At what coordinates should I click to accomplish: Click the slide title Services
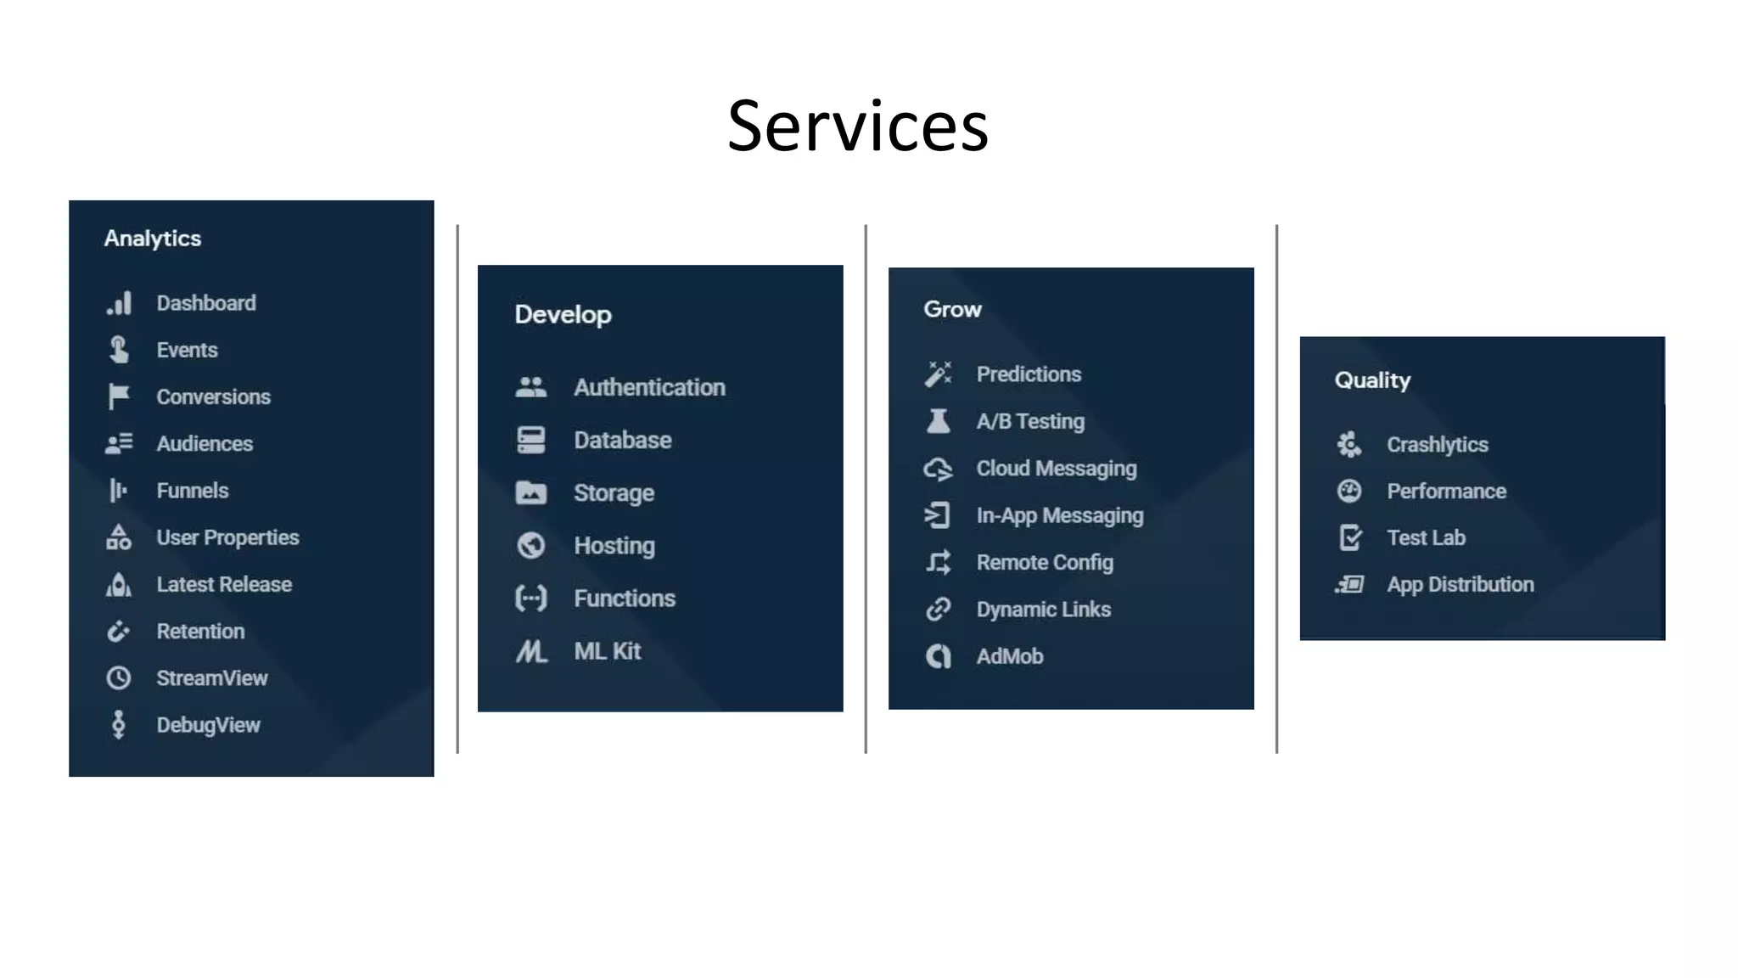pyautogui.click(x=857, y=126)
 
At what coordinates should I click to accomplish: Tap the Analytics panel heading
pyautogui.click(x=153, y=239)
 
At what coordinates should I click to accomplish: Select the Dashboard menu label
pyautogui.click(x=206, y=303)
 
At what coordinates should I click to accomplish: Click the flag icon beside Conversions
pyautogui.click(x=119, y=396)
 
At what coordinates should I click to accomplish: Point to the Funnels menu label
pyautogui.click(x=193, y=491)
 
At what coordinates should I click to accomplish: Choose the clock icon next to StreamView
pyautogui.click(x=119, y=677)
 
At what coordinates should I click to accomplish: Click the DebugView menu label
pyautogui.click(x=208, y=725)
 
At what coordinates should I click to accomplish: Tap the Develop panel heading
pyautogui.click(x=563, y=315)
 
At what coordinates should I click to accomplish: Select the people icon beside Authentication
pyautogui.click(x=531, y=387)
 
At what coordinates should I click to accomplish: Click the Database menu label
pyautogui.click(x=622, y=440)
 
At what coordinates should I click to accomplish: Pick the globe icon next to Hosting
pyautogui.click(x=531, y=545)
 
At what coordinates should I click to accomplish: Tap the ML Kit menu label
pyautogui.click(x=607, y=651)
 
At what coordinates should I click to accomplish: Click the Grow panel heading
pyautogui.click(x=952, y=310)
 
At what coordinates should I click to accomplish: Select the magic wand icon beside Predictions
pyautogui.click(x=939, y=374)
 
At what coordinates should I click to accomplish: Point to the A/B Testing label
pyautogui.click(x=1030, y=421)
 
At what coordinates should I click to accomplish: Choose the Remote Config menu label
pyautogui.click(x=1045, y=562)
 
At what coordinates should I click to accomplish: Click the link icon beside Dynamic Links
pyautogui.click(x=939, y=609)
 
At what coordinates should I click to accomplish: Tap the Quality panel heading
pyautogui.click(x=1372, y=380)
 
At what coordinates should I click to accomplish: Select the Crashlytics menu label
pyautogui.click(x=1437, y=444)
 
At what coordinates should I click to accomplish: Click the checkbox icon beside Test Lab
pyautogui.click(x=1349, y=537)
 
